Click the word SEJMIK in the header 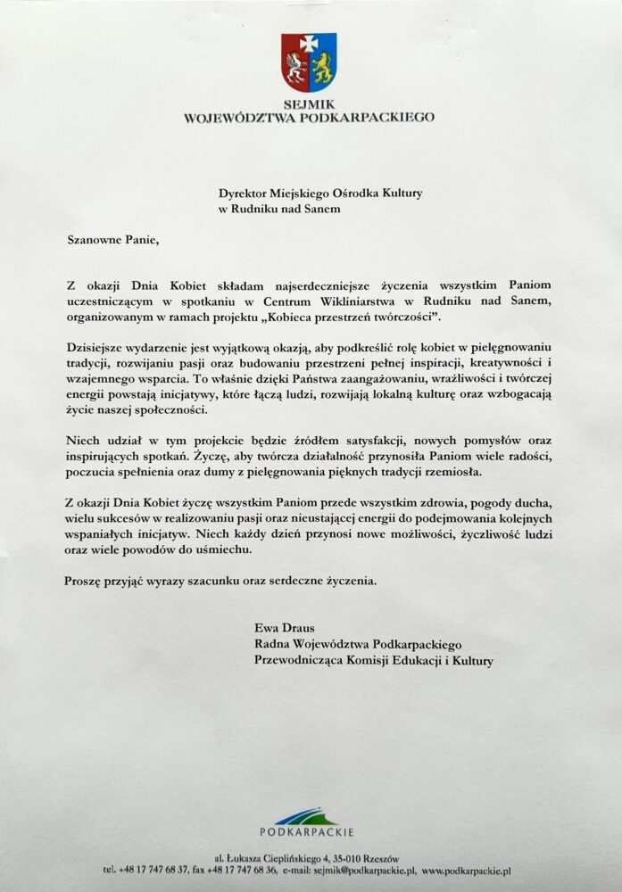tap(309, 103)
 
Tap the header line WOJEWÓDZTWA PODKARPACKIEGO tap(309, 116)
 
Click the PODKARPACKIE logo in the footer tap(306, 820)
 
